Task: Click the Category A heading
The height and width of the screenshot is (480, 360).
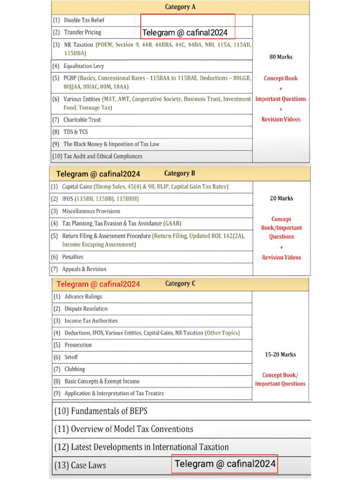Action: coord(180,7)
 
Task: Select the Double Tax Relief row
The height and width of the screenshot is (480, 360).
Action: coord(84,20)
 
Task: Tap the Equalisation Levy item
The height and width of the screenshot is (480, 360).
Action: coord(83,66)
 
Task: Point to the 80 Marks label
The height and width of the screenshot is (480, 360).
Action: coord(281,57)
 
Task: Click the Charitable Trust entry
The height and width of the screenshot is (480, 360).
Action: coord(82,120)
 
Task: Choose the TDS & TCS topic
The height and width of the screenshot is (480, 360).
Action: coord(75,132)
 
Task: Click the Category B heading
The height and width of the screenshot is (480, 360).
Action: coord(180,173)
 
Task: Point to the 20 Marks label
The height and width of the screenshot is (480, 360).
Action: coord(281,198)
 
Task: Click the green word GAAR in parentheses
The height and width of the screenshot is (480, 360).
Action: coord(172,224)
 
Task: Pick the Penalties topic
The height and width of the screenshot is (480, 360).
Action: coord(73,257)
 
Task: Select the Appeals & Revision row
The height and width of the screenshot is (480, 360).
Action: coord(84,269)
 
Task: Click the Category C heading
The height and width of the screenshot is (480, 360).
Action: coord(180,284)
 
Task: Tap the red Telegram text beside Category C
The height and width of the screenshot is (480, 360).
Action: coord(98,284)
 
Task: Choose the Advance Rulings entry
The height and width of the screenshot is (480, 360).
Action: coord(83,297)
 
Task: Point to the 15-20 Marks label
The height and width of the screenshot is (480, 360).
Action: coord(280,354)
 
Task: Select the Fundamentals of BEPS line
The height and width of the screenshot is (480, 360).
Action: coord(107,411)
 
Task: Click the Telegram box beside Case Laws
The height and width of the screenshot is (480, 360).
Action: coord(225,464)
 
